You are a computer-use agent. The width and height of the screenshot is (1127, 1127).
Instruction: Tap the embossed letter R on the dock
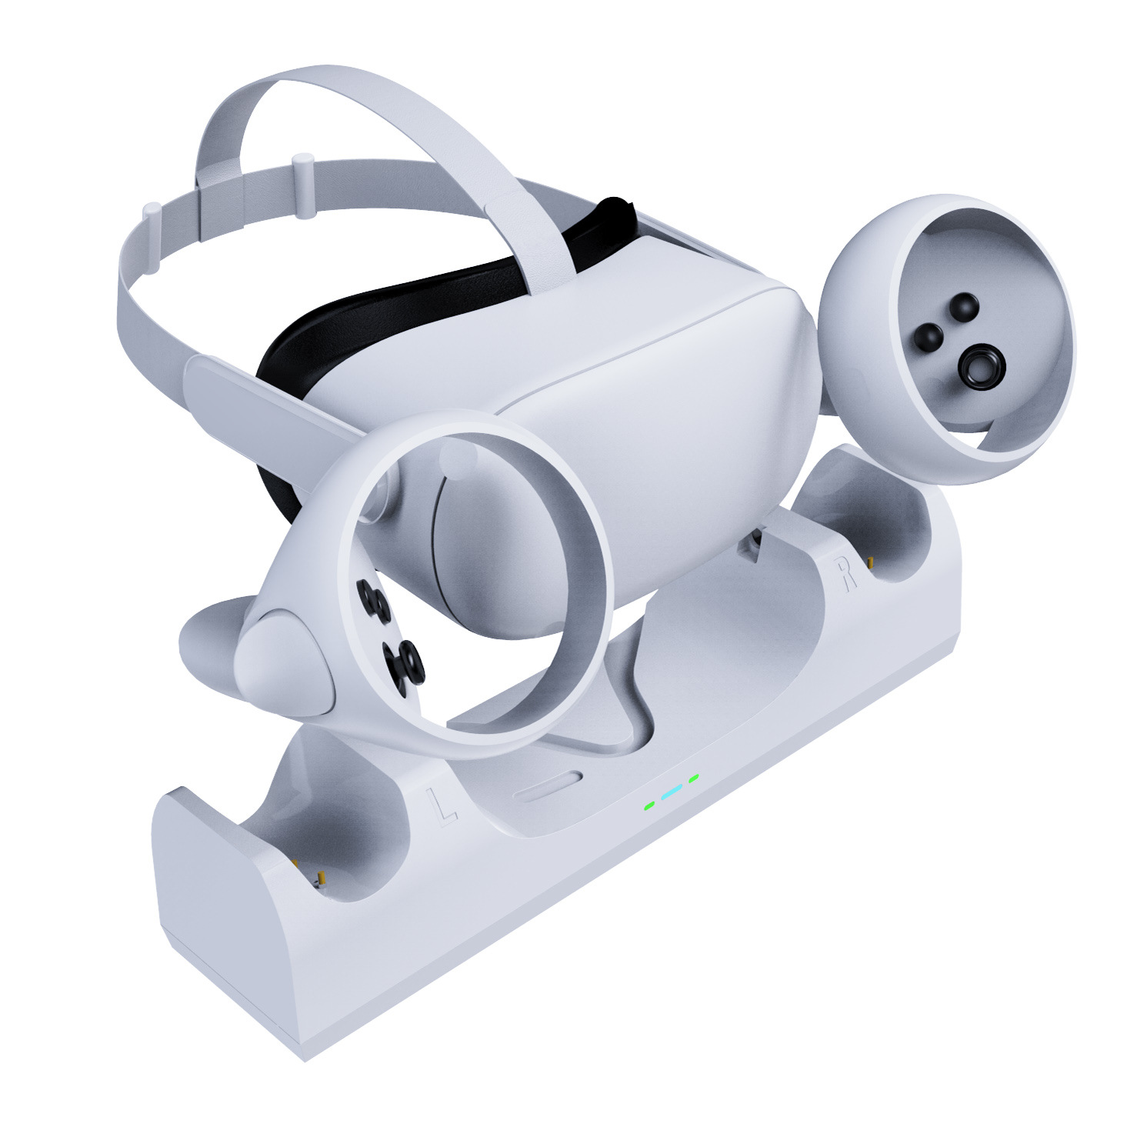point(847,573)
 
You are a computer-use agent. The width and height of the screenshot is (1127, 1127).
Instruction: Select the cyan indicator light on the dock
point(672,792)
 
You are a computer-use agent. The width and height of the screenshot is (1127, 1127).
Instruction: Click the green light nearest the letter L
point(649,805)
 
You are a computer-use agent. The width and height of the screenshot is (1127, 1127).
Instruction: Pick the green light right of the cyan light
point(694,779)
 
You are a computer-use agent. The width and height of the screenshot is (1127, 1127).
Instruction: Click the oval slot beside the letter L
point(548,789)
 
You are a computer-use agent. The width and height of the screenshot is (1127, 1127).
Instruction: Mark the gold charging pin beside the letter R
point(871,565)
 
